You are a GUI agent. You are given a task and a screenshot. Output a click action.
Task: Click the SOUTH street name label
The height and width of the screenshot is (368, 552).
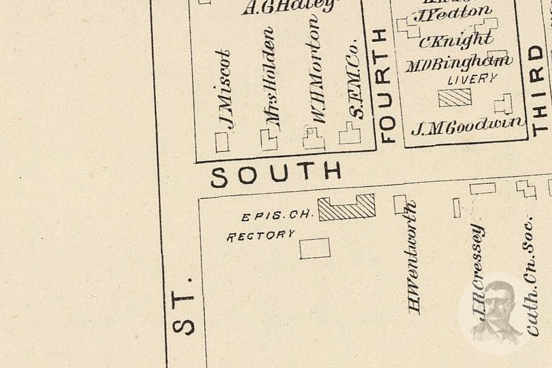(x=276, y=174)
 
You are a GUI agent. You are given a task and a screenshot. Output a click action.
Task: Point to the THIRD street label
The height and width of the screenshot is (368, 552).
(x=538, y=90)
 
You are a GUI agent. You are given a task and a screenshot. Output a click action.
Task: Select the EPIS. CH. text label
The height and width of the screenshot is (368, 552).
(x=277, y=215)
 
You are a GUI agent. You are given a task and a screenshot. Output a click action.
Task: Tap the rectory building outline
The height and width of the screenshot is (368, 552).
(x=315, y=248)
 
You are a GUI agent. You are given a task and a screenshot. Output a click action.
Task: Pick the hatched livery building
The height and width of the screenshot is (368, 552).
(x=455, y=97)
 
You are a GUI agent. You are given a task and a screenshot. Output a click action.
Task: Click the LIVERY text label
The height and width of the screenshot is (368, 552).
(x=472, y=79)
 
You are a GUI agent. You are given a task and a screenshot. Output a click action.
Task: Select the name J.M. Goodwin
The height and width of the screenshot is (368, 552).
(x=467, y=126)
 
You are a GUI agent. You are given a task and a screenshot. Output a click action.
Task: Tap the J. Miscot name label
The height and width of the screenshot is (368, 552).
(x=223, y=90)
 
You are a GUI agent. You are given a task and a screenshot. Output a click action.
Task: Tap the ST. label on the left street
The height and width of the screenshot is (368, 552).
(x=184, y=306)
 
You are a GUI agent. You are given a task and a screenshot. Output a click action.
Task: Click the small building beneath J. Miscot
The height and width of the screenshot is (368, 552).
(x=222, y=142)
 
